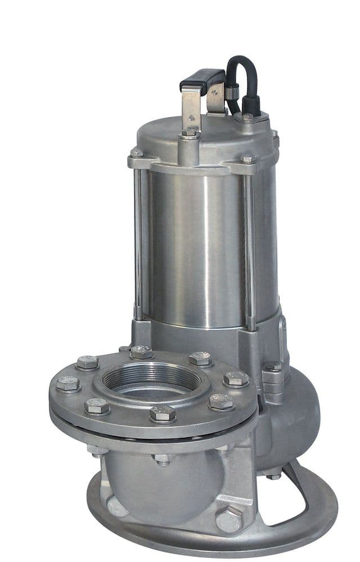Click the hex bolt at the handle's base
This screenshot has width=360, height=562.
pyautogui.click(x=190, y=134)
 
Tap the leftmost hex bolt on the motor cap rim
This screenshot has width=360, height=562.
pyautogui.click(x=137, y=153)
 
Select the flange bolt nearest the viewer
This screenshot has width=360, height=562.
pyautogui.click(x=163, y=414)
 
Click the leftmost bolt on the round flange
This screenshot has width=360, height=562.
pyautogui.click(x=68, y=384)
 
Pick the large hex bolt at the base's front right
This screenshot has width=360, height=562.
pyautogui.click(x=229, y=519)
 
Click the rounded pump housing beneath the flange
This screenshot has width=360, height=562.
pyautogui.click(x=163, y=483)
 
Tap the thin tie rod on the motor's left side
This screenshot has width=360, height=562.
pyautogui.click(x=138, y=242)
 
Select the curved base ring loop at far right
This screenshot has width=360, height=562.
pyautogui.click(x=315, y=495)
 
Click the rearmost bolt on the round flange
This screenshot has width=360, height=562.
pyautogui.click(x=141, y=352)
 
